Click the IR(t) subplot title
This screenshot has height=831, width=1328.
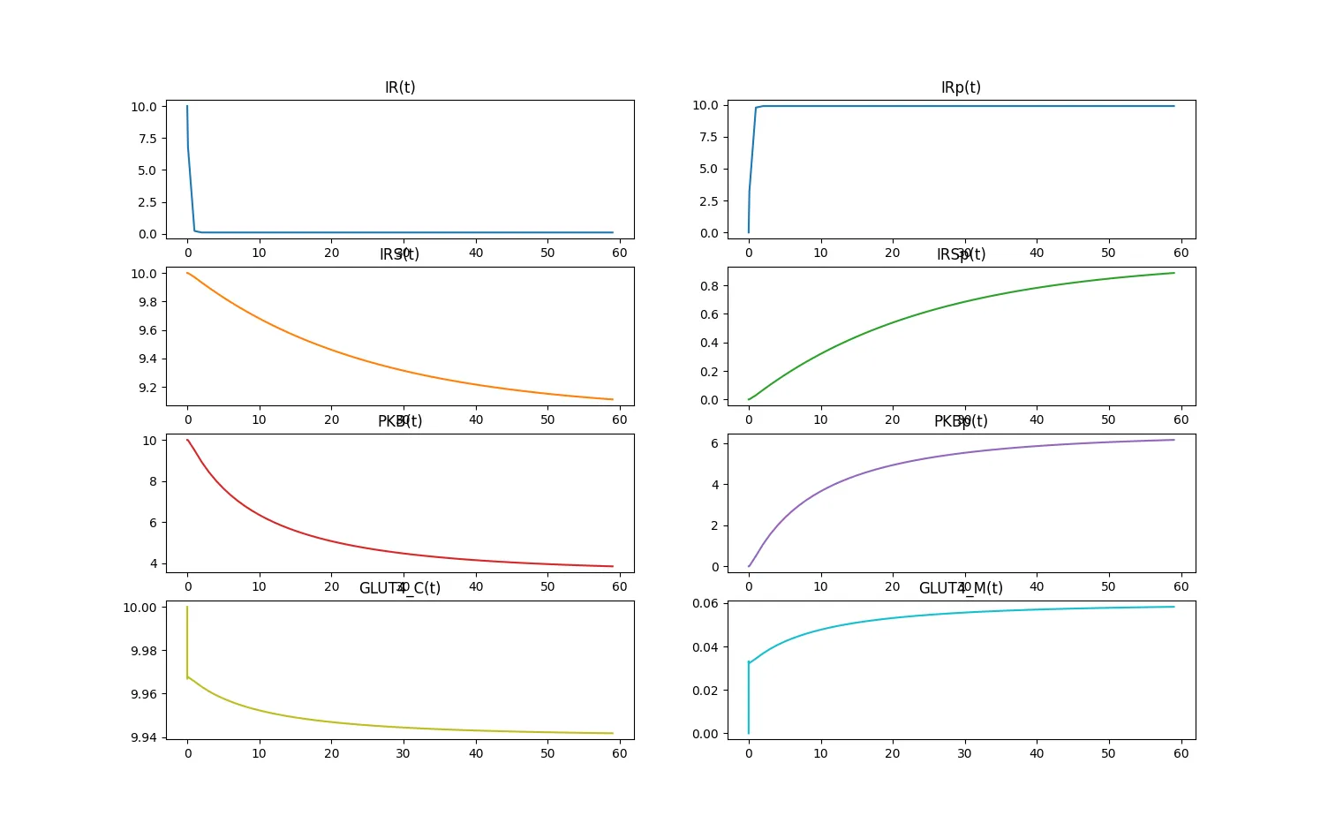click(399, 87)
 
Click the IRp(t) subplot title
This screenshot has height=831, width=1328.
click(961, 87)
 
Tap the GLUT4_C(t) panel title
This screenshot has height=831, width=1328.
click(399, 588)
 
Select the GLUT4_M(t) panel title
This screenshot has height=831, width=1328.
click(961, 588)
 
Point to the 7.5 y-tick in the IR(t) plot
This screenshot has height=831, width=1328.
click(147, 139)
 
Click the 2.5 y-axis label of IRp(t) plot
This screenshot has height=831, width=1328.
click(708, 201)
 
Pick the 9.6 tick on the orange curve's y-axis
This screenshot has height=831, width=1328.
click(147, 330)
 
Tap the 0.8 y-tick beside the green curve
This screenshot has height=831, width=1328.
click(708, 286)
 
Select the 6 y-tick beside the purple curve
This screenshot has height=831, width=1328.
click(714, 443)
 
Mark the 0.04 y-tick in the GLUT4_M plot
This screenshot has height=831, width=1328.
click(705, 647)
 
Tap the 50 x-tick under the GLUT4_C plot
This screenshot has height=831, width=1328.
click(547, 753)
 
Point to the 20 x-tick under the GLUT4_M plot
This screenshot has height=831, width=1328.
click(893, 753)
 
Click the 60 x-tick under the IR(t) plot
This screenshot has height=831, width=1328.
click(620, 253)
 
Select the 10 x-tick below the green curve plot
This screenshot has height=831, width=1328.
click(820, 419)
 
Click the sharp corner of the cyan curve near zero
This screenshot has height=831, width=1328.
click(749, 662)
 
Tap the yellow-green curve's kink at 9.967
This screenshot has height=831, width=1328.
click(188, 677)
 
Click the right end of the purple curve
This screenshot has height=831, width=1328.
click(1174, 440)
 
